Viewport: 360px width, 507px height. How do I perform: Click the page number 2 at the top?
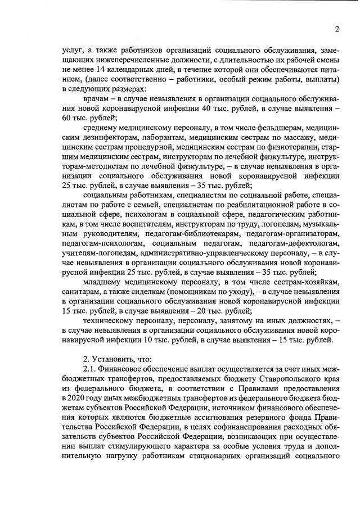(336, 29)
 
